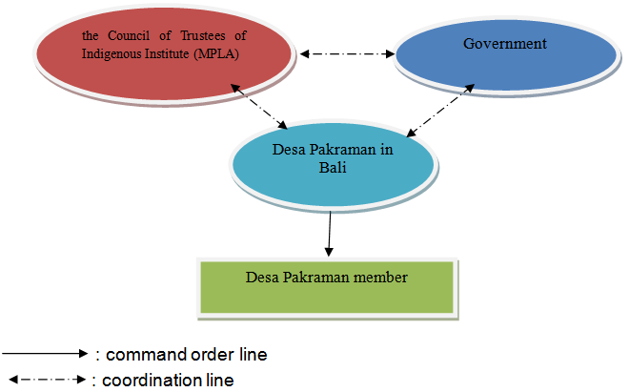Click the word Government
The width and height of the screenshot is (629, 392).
(x=504, y=44)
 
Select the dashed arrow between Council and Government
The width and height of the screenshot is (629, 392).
(x=347, y=54)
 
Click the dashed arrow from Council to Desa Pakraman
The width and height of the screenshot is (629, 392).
(x=258, y=108)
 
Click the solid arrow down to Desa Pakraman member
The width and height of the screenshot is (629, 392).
(x=330, y=234)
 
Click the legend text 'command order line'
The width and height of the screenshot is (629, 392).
(x=186, y=354)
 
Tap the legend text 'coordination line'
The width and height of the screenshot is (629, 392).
(x=168, y=380)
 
